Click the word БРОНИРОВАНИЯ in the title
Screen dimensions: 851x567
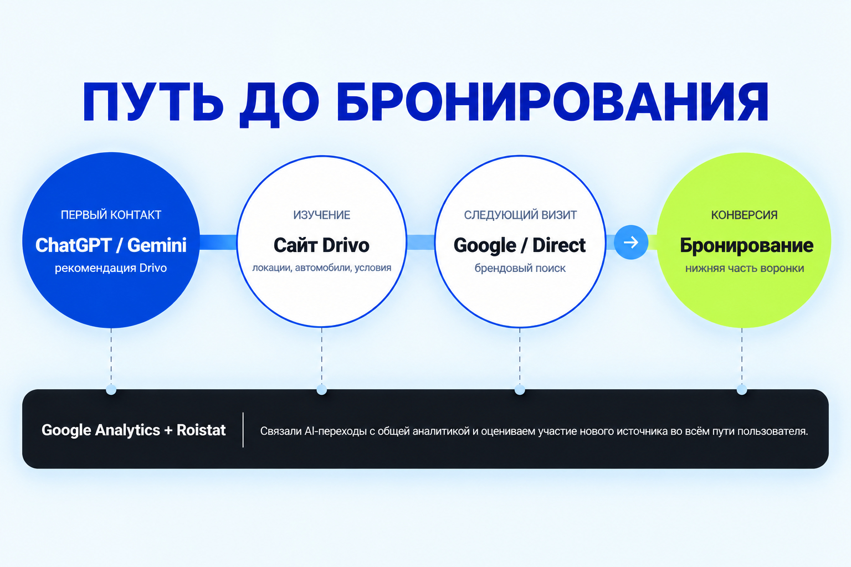click(552, 102)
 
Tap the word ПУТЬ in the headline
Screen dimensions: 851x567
click(153, 102)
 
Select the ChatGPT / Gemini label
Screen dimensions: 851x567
click(111, 245)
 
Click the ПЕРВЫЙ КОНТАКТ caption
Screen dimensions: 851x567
click(111, 215)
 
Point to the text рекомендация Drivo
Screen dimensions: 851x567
click(111, 268)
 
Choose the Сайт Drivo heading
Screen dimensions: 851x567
click(321, 245)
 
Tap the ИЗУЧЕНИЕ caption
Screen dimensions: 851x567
click(322, 215)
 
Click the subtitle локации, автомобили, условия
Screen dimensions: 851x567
click(322, 268)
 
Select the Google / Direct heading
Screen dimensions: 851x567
click(520, 245)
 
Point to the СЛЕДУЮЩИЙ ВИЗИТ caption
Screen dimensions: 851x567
click(520, 215)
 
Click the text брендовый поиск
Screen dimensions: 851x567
click(520, 268)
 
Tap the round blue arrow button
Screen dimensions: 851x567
click(631, 243)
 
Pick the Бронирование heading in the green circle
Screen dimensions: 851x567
click(746, 245)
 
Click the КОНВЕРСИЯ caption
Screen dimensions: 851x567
click(744, 215)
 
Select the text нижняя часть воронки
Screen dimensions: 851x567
click(745, 268)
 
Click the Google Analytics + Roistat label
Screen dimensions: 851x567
click(134, 430)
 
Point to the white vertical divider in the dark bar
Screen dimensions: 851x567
click(243, 430)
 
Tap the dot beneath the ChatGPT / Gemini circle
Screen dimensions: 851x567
click(111, 390)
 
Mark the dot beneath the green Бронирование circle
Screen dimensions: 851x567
click(742, 390)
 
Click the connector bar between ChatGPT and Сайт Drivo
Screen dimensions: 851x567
click(218, 243)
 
